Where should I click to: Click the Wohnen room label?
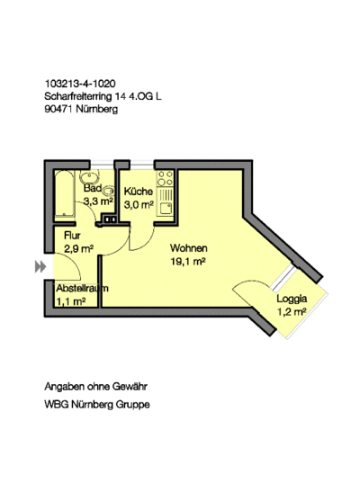click(x=189, y=248)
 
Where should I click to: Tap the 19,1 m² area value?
click(x=188, y=262)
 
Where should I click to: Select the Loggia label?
click(x=292, y=299)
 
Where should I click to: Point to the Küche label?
click(x=139, y=192)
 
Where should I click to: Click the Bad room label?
click(x=93, y=188)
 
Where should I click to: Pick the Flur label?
click(x=72, y=236)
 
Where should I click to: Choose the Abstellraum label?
click(x=82, y=288)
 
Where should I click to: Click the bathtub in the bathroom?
click(x=65, y=194)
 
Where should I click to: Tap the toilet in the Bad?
click(x=109, y=190)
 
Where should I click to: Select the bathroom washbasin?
click(x=89, y=176)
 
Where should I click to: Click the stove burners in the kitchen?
click(x=165, y=178)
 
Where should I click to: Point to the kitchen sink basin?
click(x=166, y=208)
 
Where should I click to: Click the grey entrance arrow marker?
click(x=40, y=266)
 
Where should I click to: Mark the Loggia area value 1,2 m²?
click(x=292, y=312)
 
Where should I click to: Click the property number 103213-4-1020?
click(x=80, y=84)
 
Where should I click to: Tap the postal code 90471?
click(x=58, y=109)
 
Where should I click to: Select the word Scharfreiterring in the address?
click(x=78, y=96)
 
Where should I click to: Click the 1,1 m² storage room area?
click(x=71, y=301)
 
